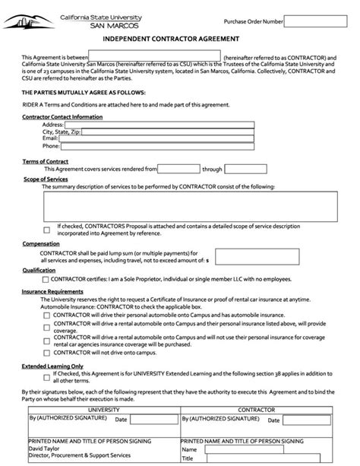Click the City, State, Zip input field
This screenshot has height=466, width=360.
(167, 132)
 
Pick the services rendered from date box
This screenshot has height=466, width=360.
(178, 170)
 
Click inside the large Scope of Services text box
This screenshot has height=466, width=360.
(190, 205)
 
